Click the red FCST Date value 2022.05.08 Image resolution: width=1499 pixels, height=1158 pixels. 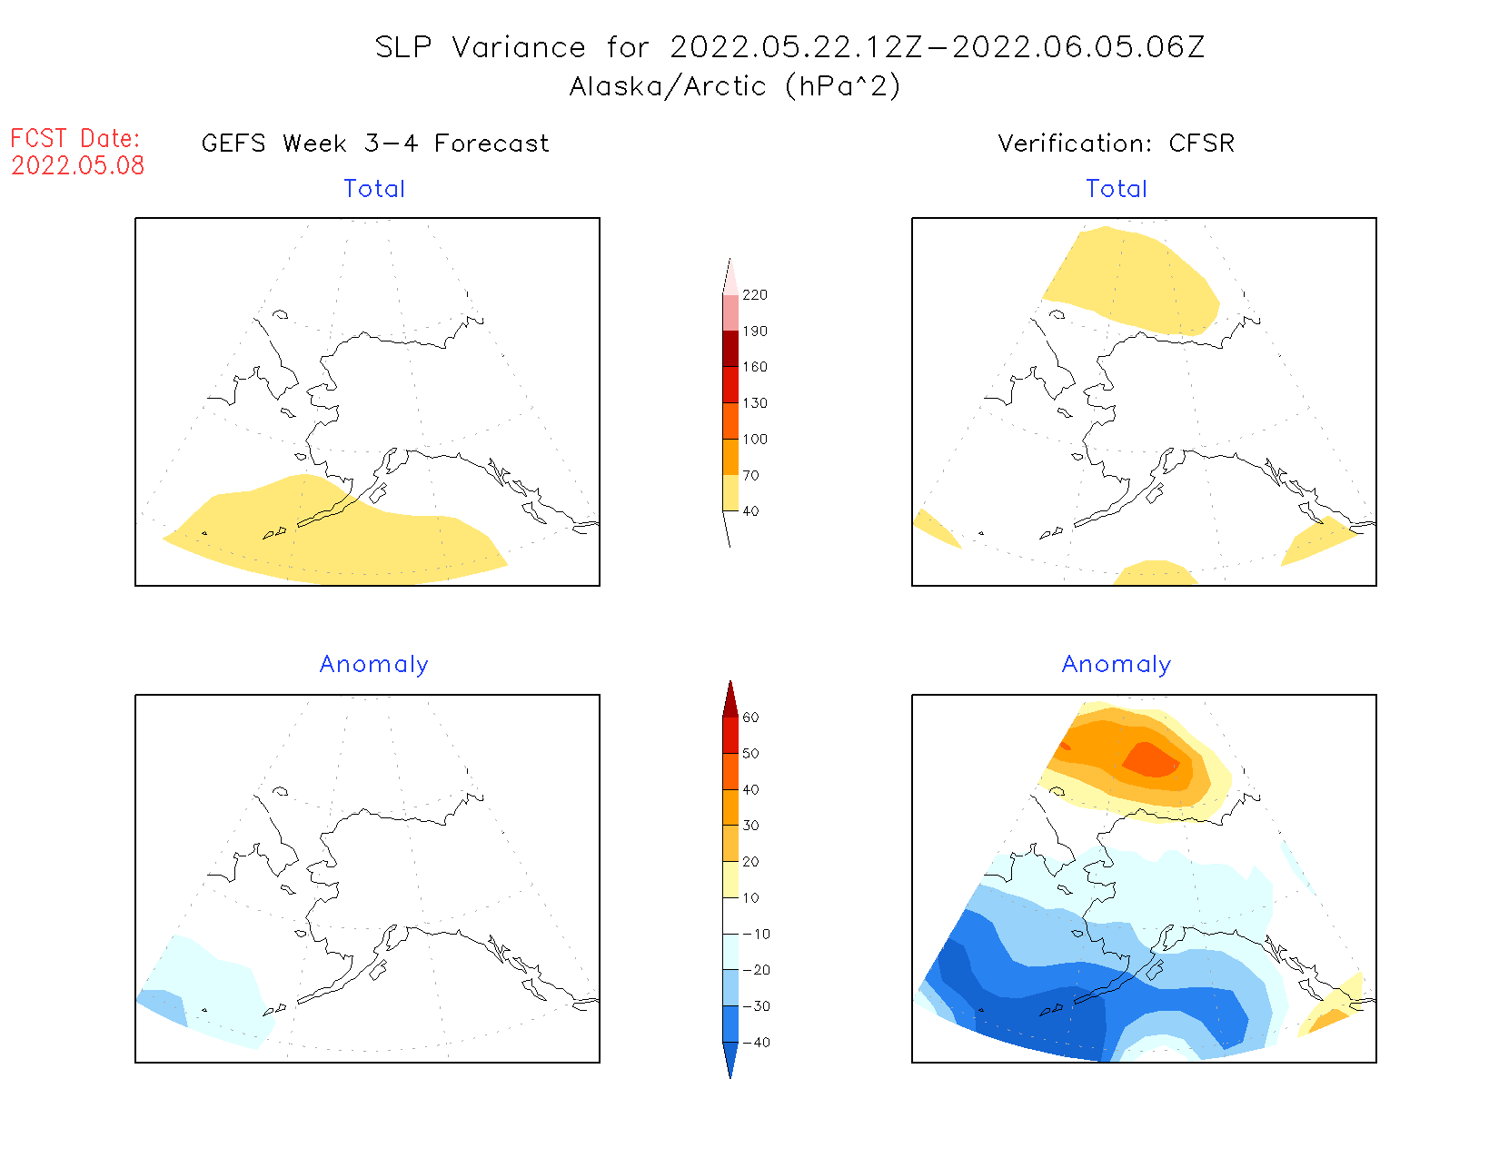pyautogui.click(x=78, y=165)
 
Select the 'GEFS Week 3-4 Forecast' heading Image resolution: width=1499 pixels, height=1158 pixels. pyautogui.click(x=375, y=144)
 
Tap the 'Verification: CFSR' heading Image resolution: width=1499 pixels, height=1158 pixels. pyautogui.click(x=1116, y=144)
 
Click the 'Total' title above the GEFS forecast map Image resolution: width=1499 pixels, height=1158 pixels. pyautogui.click(x=374, y=189)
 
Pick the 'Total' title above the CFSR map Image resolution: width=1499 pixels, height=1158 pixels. pyautogui.click(x=1117, y=189)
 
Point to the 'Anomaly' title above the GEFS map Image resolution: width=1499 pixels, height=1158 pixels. pyautogui.click(x=373, y=665)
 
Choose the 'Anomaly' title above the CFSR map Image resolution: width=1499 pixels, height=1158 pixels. pyautogui.click(x=1117, y=665)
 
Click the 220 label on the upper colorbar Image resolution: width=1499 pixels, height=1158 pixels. pyautogui.click(x=754, y=295)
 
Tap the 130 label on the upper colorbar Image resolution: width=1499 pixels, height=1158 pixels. pyautogui.click(x=754, y=403)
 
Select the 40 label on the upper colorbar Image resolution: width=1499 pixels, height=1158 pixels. pyautogui.click(x=750, y=511)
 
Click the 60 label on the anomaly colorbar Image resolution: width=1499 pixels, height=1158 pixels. pyautogui.click(x=750, y=718)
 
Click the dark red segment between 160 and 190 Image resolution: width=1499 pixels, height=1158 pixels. pyautogui.click(x=730, y=349)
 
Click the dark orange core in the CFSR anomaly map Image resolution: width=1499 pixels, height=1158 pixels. pyautogui.click(x=1152, y=759)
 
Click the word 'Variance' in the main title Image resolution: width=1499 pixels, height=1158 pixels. pyautogui.click(x=518, y=47)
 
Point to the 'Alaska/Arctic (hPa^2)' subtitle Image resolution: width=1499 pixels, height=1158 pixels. pyautogui.click(x=735, y=86)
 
